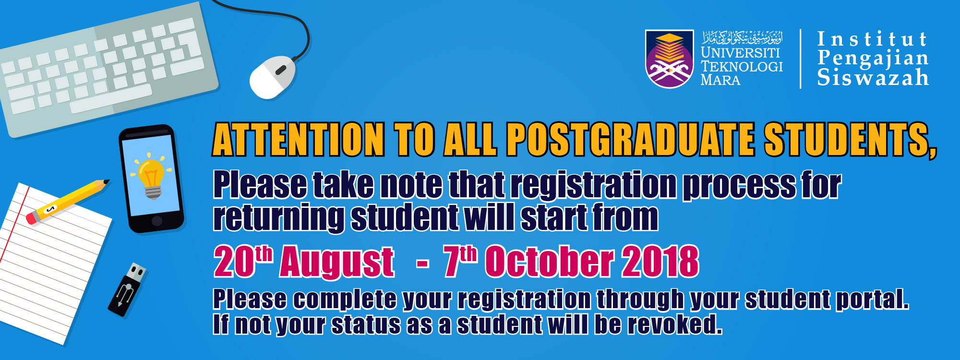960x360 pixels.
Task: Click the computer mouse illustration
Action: (272, 77)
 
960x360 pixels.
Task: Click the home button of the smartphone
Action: (157, 221)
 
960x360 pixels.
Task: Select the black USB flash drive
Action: (127, 289)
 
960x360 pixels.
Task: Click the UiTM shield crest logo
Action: (670, 59)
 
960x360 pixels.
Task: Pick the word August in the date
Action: (337, 262)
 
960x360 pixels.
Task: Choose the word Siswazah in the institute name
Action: (873, 78)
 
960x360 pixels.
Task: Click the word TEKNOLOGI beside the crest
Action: (742, 66)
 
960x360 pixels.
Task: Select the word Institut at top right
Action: (872, 39)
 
